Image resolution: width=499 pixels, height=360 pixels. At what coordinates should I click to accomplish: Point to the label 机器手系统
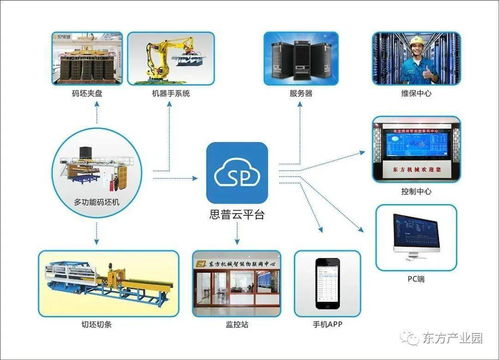click(x=171, y=94)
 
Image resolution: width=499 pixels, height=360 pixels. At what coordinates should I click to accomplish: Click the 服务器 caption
click(x=301, y=94)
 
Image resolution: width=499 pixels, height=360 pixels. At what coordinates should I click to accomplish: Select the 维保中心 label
click(x=415, y=94)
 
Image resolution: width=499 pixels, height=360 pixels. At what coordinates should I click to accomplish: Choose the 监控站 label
click(x=236, y=325)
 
